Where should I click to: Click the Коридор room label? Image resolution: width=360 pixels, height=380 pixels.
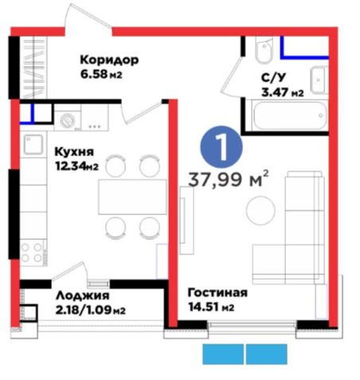109,60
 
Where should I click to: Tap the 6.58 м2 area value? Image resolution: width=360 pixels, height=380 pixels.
101,74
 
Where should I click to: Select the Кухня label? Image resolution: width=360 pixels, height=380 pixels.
74,152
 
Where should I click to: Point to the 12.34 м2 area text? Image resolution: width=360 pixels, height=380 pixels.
76,166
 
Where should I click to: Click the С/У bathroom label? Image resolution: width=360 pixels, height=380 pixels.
273,78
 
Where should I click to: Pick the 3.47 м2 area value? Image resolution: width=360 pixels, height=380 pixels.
283,92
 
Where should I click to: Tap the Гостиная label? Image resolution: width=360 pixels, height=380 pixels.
217,292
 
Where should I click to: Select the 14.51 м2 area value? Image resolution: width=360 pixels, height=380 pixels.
211,307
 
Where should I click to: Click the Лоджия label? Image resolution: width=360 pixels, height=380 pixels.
83,296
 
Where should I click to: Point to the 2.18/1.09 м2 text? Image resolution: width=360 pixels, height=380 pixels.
91,310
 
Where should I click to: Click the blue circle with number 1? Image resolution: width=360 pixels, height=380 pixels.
221,147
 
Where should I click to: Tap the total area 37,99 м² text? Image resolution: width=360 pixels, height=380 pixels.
229,179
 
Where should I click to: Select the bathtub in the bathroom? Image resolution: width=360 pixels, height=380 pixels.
290,116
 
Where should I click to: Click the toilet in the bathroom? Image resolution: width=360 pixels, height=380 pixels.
264,50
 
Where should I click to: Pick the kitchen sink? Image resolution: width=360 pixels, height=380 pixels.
33,144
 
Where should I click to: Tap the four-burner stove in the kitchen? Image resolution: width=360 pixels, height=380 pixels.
32,253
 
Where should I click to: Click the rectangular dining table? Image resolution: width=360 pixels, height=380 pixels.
132,197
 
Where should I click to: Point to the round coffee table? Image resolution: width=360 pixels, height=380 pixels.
260,210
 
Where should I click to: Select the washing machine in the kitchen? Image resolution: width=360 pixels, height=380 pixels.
68,120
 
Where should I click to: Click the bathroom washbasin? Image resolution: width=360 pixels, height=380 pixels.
319,80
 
